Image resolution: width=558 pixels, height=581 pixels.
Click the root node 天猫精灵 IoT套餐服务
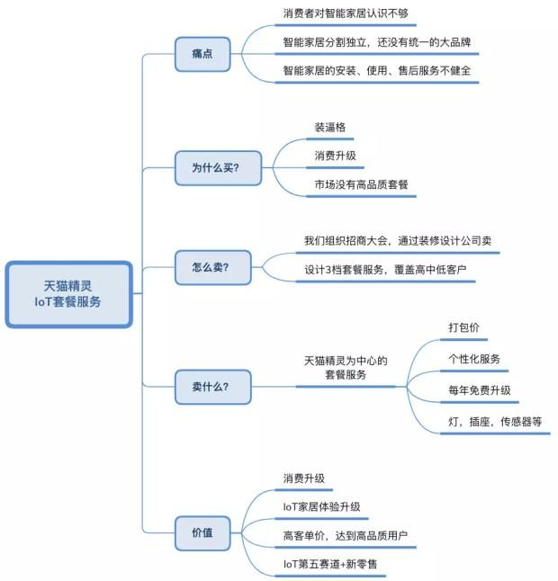pos(68,294)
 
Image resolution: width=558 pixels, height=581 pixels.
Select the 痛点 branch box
pos(202,54)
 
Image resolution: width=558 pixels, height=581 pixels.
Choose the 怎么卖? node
pos(210,268)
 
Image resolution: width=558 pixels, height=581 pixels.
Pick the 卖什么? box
pos(210,387)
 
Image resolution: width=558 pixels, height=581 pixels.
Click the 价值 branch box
pos(202,531)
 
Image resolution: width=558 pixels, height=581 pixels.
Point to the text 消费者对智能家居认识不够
pos(337,14)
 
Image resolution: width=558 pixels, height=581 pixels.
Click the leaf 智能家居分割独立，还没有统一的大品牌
pos(375,42)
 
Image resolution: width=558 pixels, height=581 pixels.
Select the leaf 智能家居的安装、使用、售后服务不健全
pos(375,70)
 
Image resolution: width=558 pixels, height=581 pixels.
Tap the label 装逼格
pos(329,128)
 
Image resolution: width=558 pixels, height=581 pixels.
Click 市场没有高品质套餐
pos(361,184)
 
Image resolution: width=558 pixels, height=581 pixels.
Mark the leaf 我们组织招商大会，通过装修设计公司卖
pos(397,241)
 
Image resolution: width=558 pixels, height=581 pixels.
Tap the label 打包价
pos(463,328)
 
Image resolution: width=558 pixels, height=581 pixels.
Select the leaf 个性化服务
pos(474,359)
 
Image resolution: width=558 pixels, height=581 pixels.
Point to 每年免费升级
pos(480,389)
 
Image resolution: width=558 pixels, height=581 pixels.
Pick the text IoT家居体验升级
pos(321,507)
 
